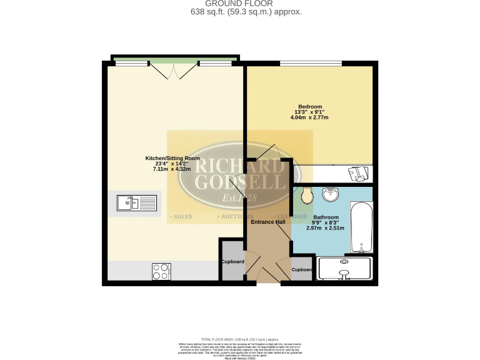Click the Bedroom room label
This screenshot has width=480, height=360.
click(309, 106)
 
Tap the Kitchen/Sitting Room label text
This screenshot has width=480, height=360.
click(172, 158)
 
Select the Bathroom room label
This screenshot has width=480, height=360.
click(326, 217)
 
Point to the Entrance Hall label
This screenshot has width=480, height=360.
click(268, 222)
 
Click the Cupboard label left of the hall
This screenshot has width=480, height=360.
click(232, 261)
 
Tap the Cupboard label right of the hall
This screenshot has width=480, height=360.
click(301, 269)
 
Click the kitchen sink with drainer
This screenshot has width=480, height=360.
click(136, 202)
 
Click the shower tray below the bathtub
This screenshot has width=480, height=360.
click(344, 269)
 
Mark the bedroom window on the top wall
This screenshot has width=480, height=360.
click(310, 63)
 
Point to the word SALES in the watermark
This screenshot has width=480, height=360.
click(182, 217)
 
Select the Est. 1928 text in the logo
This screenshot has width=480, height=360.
click(240, 199)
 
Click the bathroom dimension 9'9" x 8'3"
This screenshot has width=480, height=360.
click(326, 223)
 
